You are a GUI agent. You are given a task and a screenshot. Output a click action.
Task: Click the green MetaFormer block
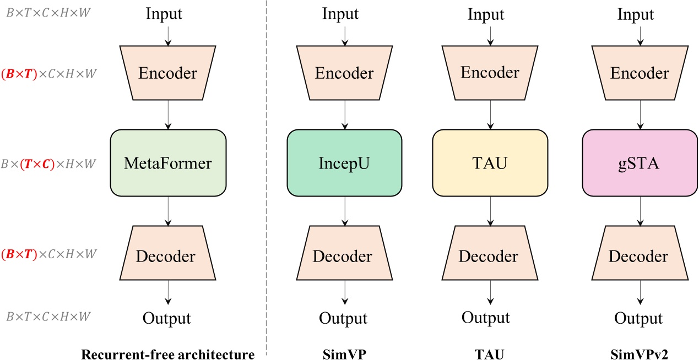pyautogui.click(x=168, y=163)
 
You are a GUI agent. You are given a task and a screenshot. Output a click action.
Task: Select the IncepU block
pyautogui.click(x=345, y=163)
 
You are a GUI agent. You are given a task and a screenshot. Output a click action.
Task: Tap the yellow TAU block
pyautogui.click(x=490, y=163)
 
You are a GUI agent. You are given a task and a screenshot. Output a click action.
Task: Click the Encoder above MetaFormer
pyautogui.click(x=168, y=73)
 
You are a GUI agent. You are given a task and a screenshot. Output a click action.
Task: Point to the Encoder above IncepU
pyautogui.click(x=345, y=73)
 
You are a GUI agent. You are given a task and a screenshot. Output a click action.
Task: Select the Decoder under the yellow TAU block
pyautogui.click(x=490, y=256)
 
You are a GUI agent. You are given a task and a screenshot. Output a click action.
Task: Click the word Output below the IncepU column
pyautogui.click(x=344, y=318)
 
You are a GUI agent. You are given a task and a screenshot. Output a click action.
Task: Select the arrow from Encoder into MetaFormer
pyautogui.click(x=168, y=116)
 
